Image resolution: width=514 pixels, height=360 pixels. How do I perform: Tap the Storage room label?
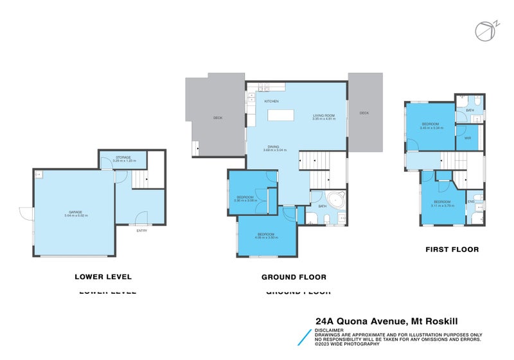pyautogui.click(x=123, y=156)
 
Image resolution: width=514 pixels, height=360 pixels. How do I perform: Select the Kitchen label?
pyautogui.click(x=271, y=102)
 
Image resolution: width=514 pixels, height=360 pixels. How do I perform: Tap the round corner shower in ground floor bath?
pyautogui.click(x=335, y=198)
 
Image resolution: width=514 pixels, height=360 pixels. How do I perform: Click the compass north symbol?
pyautogui.click(x=485, y=31)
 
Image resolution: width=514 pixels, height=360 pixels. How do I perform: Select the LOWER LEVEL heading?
pyautogui.click(x=103, y=277)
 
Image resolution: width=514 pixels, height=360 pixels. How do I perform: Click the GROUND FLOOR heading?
pyautogui.click(x=294, y=277)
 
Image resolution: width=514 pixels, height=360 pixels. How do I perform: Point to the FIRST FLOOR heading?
pyautogui.click(x=452, y=249)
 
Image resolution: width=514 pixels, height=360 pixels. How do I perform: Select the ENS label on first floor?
pyautogui.click(x=470, y=202)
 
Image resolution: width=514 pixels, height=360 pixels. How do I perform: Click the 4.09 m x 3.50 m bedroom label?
pyautogui.click(x=267, y=235)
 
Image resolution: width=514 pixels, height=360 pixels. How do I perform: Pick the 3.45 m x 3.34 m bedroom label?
pyautogui.click(x=430, y=125)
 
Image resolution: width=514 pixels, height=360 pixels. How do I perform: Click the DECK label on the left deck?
pyautogui.click(x=218, y=118)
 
